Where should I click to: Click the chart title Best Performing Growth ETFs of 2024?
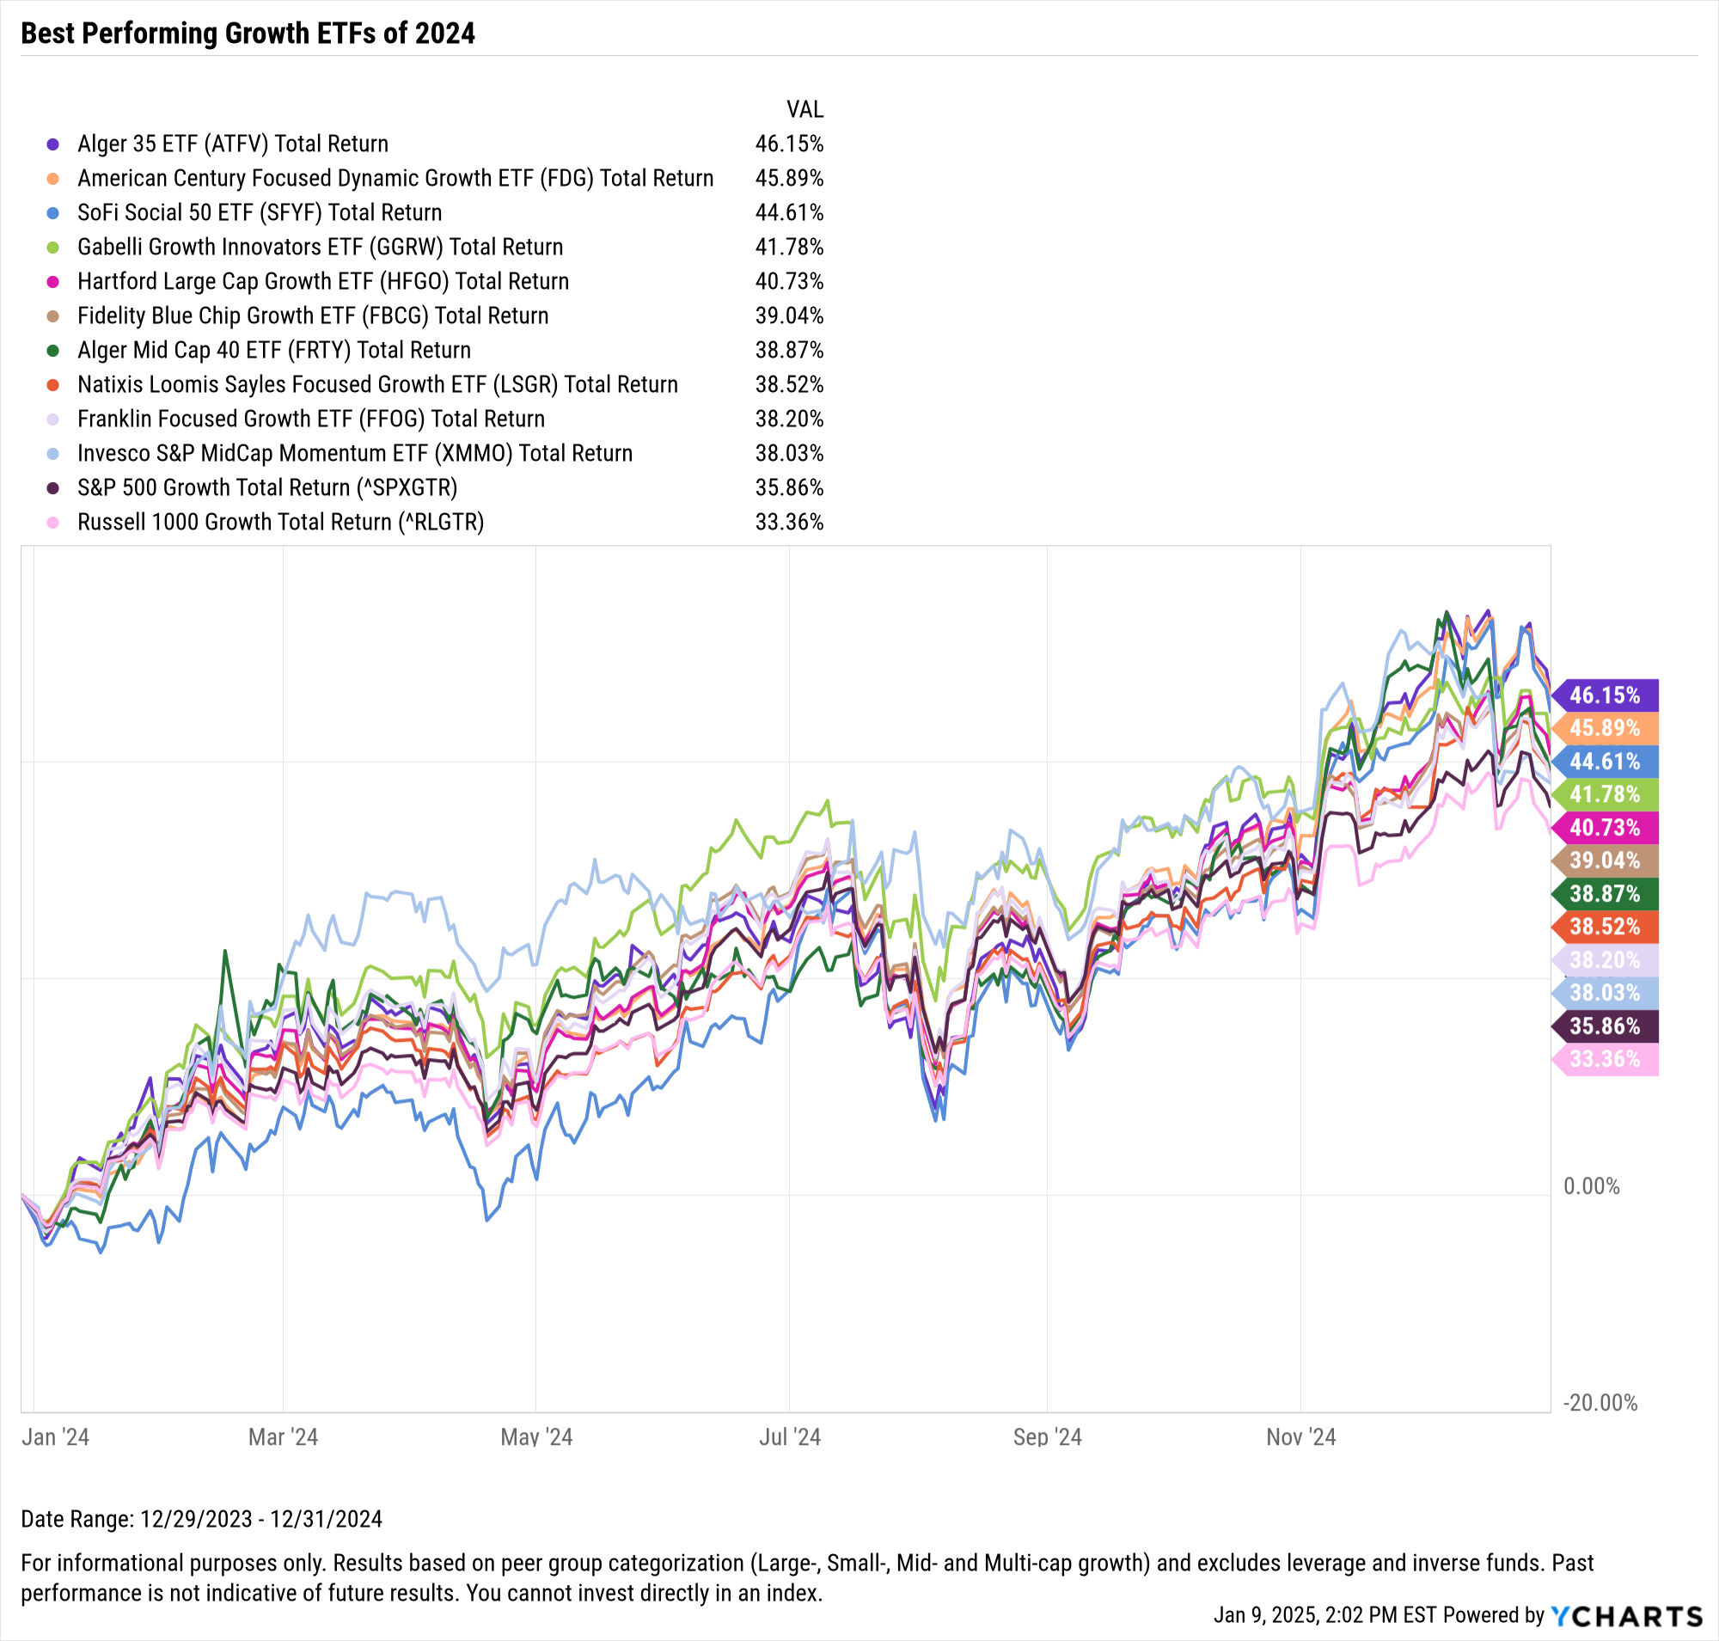(x=248, y=34)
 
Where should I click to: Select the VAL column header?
(x=804, y=109)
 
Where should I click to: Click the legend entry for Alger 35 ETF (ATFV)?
(x=233, y=144)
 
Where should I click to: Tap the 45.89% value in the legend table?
(x=789, y=179)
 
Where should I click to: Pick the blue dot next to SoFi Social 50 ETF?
(x=52, y=212)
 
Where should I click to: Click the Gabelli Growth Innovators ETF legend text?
(x=321, y=248)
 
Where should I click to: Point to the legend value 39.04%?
(x=789, y=315)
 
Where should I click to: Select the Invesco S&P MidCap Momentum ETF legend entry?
(x=354, y=453)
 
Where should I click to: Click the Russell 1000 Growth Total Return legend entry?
(x=280, y=523)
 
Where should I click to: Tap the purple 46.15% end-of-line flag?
(x=1606, y=695)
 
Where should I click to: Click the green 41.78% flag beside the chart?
(x=1606, y=794)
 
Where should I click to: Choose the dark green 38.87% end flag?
(x=1606, y=893)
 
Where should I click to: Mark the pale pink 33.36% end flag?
(x=1606, y=1059)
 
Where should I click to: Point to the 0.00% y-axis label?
(x=1591, y=1186)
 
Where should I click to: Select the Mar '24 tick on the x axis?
(x=283, y=1437)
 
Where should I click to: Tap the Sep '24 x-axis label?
(x=1047, y=1437)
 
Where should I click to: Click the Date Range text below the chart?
(x=201, y=1519)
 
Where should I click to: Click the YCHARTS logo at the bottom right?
(x=1626, y=1615)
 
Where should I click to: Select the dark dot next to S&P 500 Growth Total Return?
(x=52, y=488)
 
